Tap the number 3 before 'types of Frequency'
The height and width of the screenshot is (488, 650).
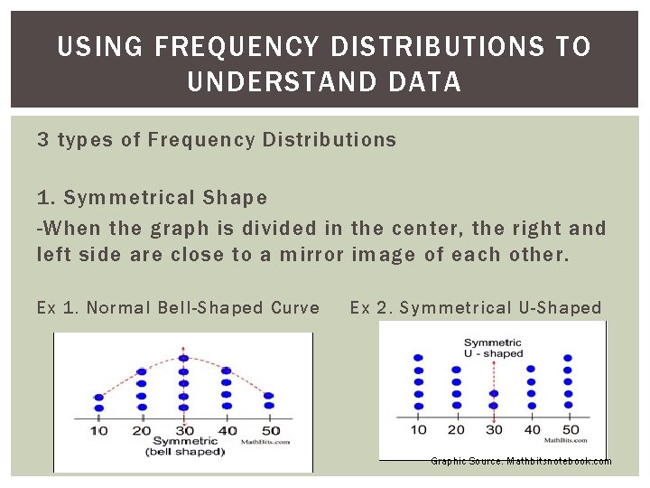[x=42, y=140]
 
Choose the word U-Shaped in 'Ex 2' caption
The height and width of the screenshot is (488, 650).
[x=560, y=308]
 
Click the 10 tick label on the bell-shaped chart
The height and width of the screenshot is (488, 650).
[x=99, y=431]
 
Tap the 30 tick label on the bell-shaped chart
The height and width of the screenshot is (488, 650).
[x=183, y=431]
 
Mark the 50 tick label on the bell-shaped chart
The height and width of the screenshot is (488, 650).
[x=269, y=431]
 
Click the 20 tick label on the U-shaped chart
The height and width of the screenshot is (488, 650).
[x=456, y=429]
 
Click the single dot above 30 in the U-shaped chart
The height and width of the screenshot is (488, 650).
[x=493, y=394]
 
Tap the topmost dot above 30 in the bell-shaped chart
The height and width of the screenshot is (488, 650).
[x=183, y=359]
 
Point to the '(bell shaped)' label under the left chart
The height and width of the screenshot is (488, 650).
[x=184, y=452]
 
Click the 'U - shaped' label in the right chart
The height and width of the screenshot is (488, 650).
[x=494, y=353]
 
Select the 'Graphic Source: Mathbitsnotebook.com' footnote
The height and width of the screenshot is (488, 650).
[x=521, y=462]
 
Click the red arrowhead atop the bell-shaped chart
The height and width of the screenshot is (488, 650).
[x=183, y=347]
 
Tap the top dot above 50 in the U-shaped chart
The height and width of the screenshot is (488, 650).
[x=567, y=358]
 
